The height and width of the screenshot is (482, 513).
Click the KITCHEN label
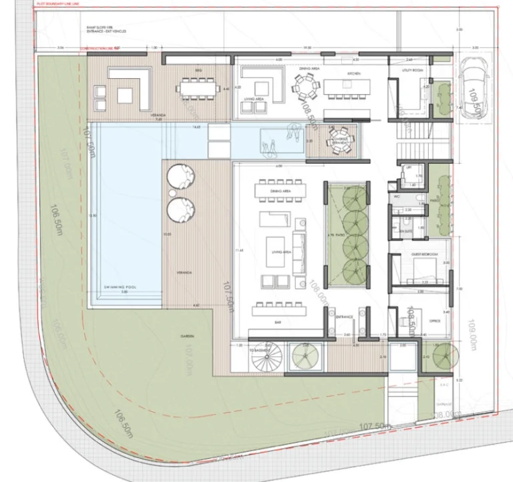pyautogui.click(x=353, y=74)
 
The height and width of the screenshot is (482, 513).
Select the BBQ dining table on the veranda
pyautogui.click(x=198, y=88)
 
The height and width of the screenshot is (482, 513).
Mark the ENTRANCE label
pyautogui.click(x=345, y=316)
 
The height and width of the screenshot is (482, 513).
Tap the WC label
pyautogui.click(x=397, y=197)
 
